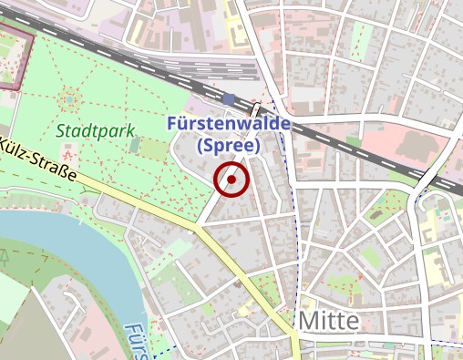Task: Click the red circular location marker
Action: click(232, 180)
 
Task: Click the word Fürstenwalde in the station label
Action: click(229, 124)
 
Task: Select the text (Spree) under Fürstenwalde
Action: click(229, 144)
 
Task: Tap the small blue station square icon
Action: click(228, 98)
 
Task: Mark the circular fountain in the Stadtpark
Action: click(70, 98)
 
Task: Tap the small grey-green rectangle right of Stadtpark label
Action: click(135, 144)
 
